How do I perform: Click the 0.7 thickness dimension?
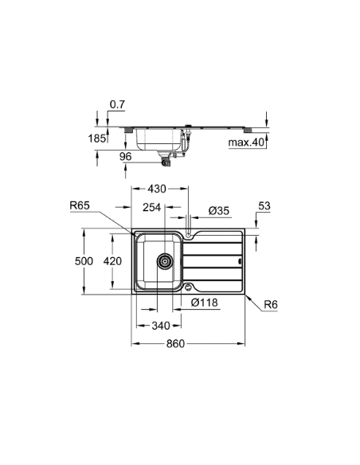click(x=117, y=105)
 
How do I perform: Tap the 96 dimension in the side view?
click(x=125, y=156)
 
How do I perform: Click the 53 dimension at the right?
click(x=264, y=206)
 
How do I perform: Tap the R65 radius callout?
click(x=79, y=205)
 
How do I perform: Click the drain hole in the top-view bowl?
click(x=165, y=261)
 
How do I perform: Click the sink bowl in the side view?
click(x=159, y=142)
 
